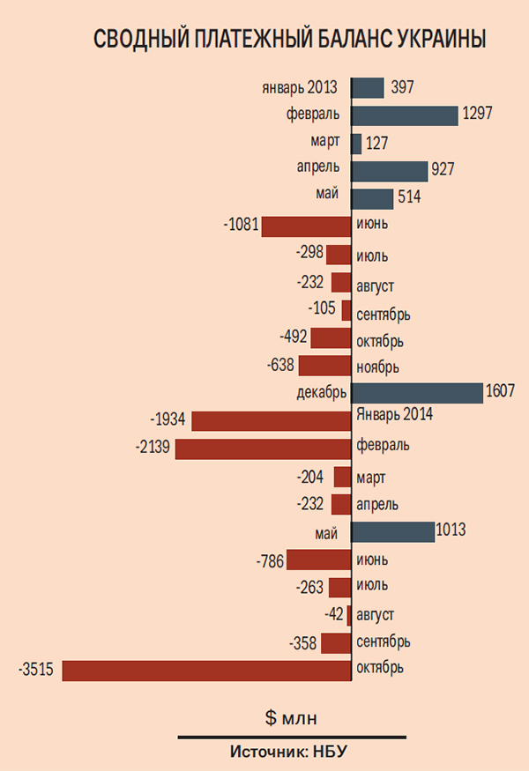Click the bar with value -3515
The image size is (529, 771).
[x=206, y=671]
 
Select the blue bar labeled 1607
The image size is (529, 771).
[x=417, y=393]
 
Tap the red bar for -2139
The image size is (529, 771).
[x=263, y=449]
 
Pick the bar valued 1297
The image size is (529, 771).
[x=405, y=115]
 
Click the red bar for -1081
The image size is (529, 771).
[x=306, y=226]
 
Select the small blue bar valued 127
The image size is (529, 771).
[x=356, y=144]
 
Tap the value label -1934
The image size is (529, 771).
[x=168, y=419]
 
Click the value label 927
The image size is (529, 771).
[x=443, y=169]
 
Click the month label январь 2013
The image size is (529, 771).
[x=300, y=88]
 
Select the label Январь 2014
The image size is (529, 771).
[x=396, y=414]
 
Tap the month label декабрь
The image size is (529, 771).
[x=323, y=391]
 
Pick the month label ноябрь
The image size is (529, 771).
[x=378, y=367]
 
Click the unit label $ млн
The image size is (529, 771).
[x=294, y=717]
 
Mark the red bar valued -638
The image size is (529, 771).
[x=324, y=366]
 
